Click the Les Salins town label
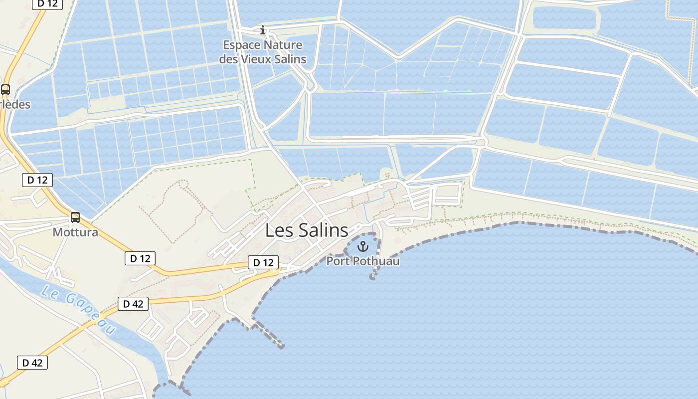pyautogui.click(x=307, y=230)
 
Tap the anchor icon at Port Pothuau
pyautogui.click(x=363, y=246)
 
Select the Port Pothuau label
pyautogui.click(x=363, y=261)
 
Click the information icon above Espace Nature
pyautogui.click(x=263, y=30)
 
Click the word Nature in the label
pyautogui.click(x=283, y=45)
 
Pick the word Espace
pyautogui.click(x=241, y=45)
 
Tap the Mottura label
pyautogui.click(x=75, y=232)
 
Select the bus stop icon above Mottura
pyautogui.click(x=75, y=217)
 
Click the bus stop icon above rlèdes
pyautogui.click(x=5, y=90)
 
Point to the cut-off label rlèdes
pyautogui.click(x=15, y=105)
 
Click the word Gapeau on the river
pyautogui.click(x=92, y=313)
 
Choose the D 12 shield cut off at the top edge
pyautogui.click(x=47, y=3)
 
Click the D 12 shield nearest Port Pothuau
pyautogui.click(x=263, y=262)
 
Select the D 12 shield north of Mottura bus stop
pyautogui.click(x=37, y=180)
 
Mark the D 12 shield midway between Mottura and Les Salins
pyautogui.click(x=140, y=258)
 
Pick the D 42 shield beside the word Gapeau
pyautogui.click(x=133, y=303)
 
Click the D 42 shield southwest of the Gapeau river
pyautogui.click(x=32, y=363)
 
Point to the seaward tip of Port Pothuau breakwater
pyautogui.click(x=372, y=277)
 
